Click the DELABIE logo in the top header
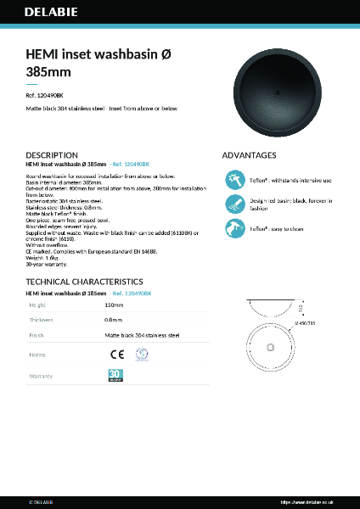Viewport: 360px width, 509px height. pyautogui.click(x=53, y=14)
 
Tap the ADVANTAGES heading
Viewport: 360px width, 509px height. pyautogui.click(x=249, y=155)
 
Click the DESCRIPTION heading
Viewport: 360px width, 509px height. pyautogui.click(x=53, y=155)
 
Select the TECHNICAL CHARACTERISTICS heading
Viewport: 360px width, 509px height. pyautogui.click(x=84, y=281)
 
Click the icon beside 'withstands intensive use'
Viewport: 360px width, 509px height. pyautogui.click(x=235, y=180)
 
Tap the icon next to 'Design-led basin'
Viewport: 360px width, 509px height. pyautogui.click(x=235, y=204)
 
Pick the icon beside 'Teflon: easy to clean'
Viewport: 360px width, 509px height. pyautogui.click(x=235, y=228)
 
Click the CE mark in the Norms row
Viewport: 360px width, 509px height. pyautogui.click(x=116, y=355)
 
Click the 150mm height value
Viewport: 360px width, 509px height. pyautogui.click(x=114, y=304)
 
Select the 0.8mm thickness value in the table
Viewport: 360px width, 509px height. pyautogui.click(x=113, y=320)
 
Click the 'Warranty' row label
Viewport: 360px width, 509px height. pyautogui.click(x=42, y=375)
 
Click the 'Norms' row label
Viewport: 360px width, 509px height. pyautogui.click(x=38, y=355)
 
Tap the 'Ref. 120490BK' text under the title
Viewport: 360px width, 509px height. pyautogui.click(x=44, y=96)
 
